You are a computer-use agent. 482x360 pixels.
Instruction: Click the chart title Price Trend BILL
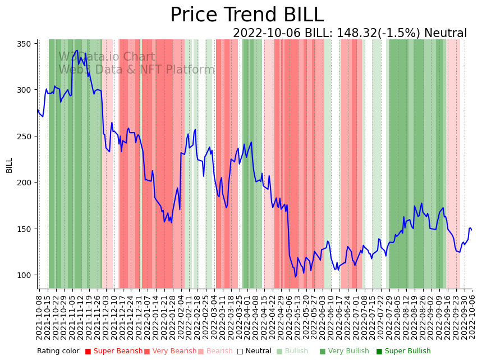pos(247,15)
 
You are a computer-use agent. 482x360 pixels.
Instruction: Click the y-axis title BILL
pos(10,165)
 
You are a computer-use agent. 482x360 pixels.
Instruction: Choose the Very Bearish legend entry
pos(170,352)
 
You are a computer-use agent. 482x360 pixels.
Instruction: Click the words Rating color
pos(58,352)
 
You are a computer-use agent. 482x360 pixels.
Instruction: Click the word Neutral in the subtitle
pos(446,34)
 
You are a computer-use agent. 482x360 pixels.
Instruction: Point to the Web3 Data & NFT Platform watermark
pos(136,70)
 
